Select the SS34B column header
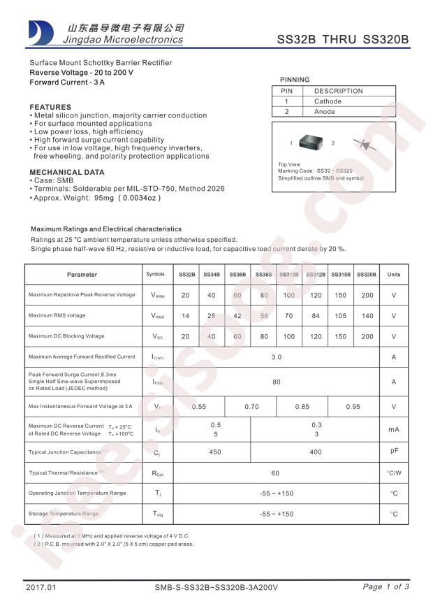pos(212,275)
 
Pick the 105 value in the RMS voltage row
pos(340,316)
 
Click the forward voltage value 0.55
pos(199,406)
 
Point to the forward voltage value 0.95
pos(353,406)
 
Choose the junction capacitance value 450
pos(215,452)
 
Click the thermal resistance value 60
pos(276,473)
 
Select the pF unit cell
pos(394,452)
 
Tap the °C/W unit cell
pos(394,473)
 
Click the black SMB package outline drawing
pos(311,143)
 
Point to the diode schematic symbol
pos(362,144)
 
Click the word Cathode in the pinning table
pos(328,101)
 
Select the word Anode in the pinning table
pos(325,112)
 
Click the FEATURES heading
pos(50,107)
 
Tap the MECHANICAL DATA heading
pos(67,172)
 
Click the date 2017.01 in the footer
pos(40,587)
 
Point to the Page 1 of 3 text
pos(386,587)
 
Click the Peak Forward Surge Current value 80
pos(276,382)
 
